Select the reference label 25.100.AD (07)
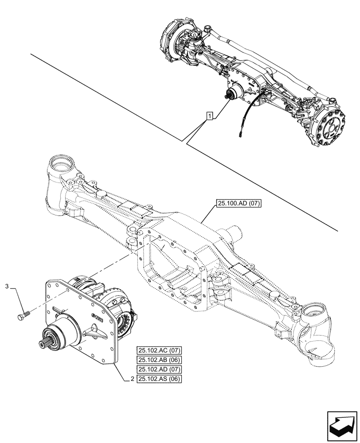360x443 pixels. pos(239,204)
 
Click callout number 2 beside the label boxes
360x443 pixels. pos(132,379)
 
